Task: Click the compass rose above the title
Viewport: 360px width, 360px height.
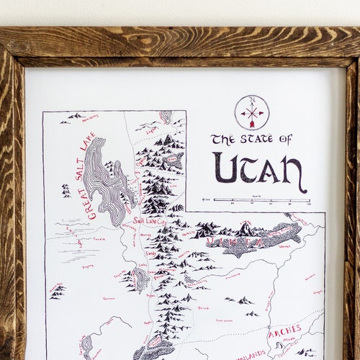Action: [252, 112]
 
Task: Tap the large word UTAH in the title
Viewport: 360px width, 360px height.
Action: [260, 170]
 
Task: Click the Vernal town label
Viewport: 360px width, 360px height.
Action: [285, 246]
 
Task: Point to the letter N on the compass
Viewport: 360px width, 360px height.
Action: [251, 100]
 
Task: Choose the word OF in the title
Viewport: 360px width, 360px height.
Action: [286, 138]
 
